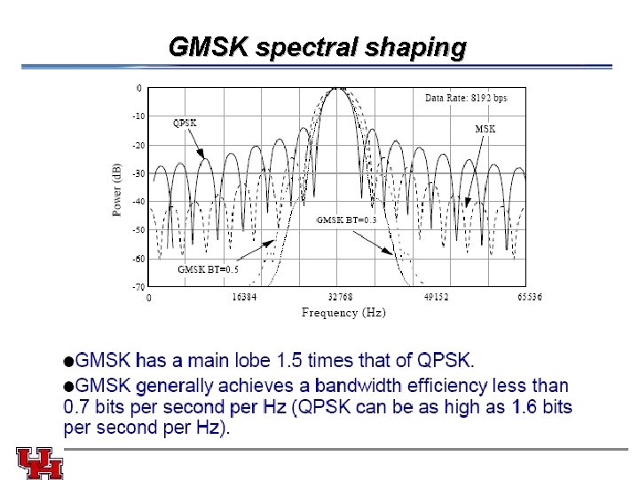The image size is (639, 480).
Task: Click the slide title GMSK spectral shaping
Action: (x=317, y=47)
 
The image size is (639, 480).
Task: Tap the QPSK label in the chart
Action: (x=185, y=123)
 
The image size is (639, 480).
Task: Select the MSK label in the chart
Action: (x=485, y=129)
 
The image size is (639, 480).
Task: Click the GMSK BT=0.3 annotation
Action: (x=347, y=220)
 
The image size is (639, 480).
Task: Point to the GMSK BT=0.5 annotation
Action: (x=208, y=269)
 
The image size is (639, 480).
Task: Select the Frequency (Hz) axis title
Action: (x=343, y=312)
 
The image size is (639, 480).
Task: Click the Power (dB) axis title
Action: (x=117, y=189)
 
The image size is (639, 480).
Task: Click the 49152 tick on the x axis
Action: (x=434, y=298)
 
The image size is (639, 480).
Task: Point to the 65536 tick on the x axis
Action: (x=530, y=298)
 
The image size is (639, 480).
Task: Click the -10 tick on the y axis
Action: (x=138, y=116)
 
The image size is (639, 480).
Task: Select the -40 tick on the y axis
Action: (x=138, y=201)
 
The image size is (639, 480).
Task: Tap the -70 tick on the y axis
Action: (x=138, y=287)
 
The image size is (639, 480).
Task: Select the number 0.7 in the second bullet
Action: (x=77, y=407)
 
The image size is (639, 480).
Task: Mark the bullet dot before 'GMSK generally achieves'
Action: (x=69, y=386)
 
